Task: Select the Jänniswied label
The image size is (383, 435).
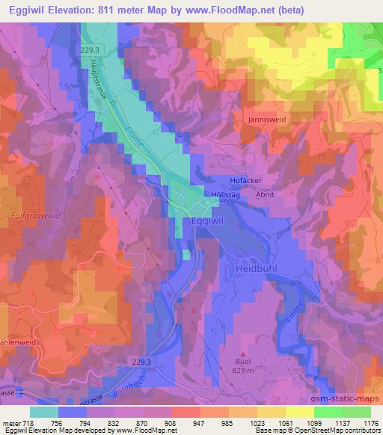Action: pos(263,119)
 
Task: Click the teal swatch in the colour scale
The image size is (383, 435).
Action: pos(43,411)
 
